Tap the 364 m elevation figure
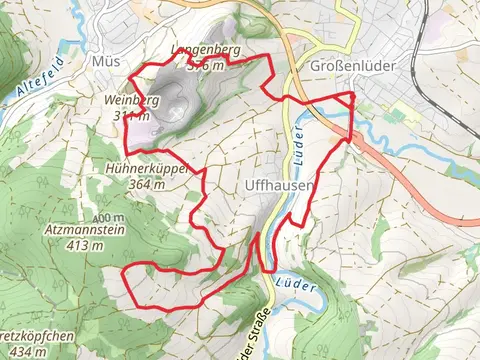coord(145,183)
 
